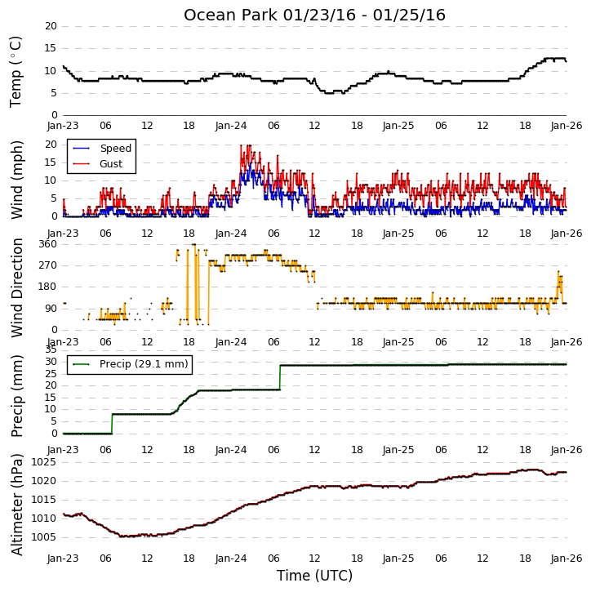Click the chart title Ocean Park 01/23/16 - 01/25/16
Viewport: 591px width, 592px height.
(314, 15)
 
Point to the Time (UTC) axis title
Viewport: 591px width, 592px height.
(314, 576)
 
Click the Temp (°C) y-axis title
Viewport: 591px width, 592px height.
(16, 72)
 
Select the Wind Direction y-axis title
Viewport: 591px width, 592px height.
(17, 287)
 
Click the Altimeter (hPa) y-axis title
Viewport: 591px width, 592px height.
(17, 505)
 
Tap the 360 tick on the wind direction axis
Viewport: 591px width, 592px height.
(47, 244)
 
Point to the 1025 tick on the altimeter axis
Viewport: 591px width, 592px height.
(43, 462)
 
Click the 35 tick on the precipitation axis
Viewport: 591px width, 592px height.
(51, 349)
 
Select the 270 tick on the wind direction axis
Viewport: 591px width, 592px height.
(47, 265)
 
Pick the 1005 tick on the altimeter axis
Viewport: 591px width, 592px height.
(43, 537)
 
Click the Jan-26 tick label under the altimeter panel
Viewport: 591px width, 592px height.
(567, 559)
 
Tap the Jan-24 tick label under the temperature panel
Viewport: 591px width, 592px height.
(231, 126)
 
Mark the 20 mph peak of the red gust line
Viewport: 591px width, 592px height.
(248, 145)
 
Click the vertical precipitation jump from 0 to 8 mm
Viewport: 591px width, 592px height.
(112, 424)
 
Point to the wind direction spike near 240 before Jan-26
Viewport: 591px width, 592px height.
(559, 272)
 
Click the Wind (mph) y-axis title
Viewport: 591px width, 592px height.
(17, 180)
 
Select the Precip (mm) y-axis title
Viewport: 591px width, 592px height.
(17, 396)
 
